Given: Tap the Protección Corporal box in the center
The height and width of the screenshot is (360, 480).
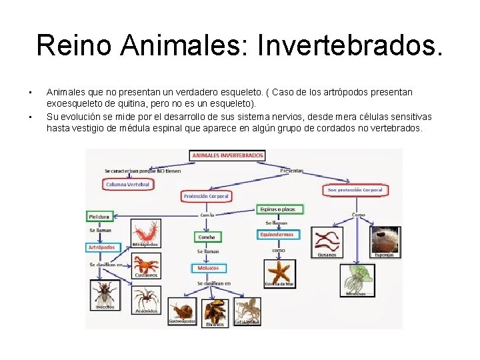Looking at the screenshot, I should coord(207,196).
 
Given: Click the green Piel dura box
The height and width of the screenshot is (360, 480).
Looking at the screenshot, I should coord(99,216).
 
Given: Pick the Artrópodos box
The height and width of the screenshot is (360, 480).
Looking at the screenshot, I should coord(101,247).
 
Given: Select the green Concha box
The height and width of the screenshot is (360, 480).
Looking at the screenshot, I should coord(207,237).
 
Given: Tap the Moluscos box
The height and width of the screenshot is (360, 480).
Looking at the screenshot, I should coord(208,268).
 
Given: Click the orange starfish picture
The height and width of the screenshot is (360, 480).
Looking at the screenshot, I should coord(279,271).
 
